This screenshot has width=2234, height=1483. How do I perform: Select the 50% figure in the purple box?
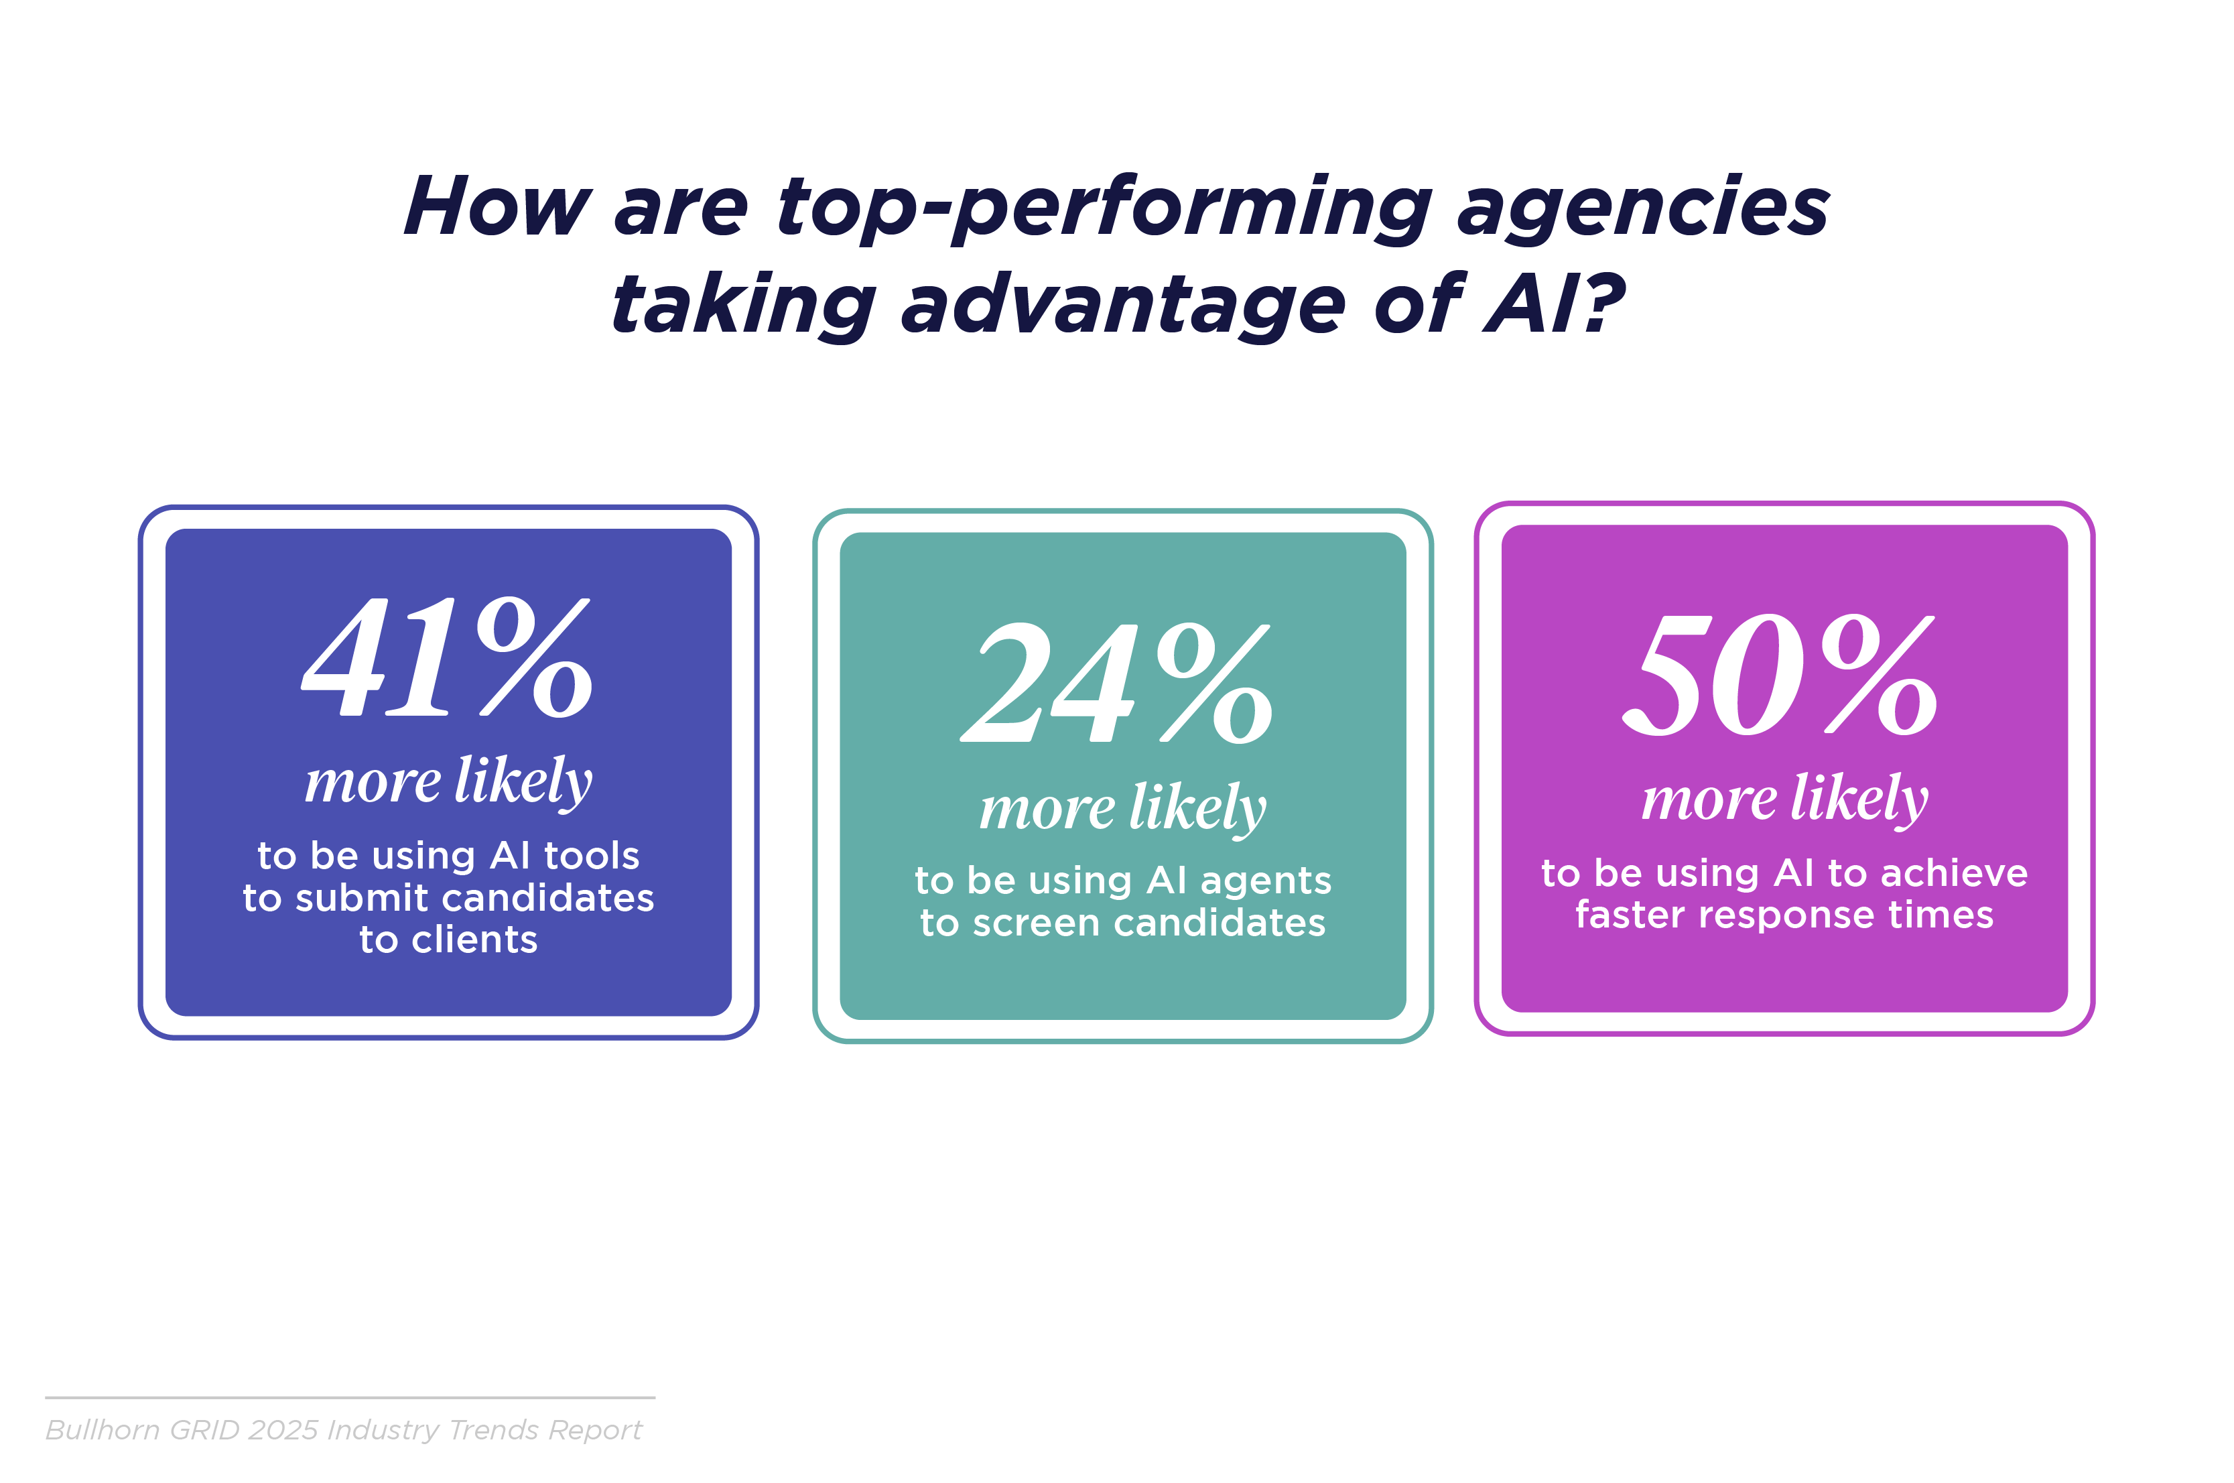(x=1779, y=673)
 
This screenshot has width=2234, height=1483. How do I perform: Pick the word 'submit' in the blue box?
(x=361, y=897)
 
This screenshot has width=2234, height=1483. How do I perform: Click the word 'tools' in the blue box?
(x=592, y=856)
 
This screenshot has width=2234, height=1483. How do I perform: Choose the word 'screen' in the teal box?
(x=1036, y=923)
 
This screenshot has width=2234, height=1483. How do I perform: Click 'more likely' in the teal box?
(x=1122, y=809)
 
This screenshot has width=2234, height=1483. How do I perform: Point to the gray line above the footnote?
(x=350, y=1397)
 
